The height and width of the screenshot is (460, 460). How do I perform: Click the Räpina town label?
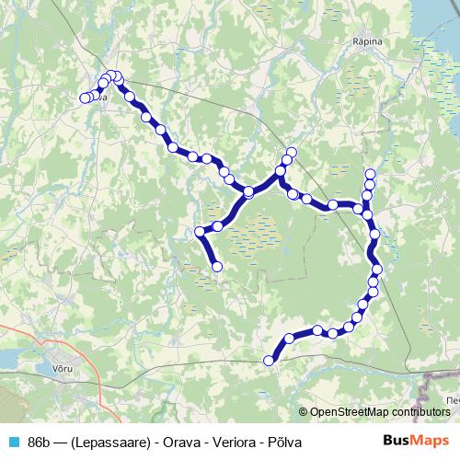[367, 40]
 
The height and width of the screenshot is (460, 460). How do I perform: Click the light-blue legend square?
[13, 442]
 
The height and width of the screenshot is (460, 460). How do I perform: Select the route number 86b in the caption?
[40, 442]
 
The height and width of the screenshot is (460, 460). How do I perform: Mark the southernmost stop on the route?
[270, 361]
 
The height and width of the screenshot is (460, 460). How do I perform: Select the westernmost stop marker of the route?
[85, 98]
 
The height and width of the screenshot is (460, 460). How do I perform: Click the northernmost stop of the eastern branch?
[371, 174]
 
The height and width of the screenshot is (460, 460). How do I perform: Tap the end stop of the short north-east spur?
[293, 152]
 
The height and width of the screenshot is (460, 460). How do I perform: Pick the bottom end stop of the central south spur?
[218, 267]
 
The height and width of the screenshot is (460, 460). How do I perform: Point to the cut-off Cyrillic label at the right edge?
[451, 402]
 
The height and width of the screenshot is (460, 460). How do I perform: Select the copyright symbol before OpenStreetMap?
[303, 412]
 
